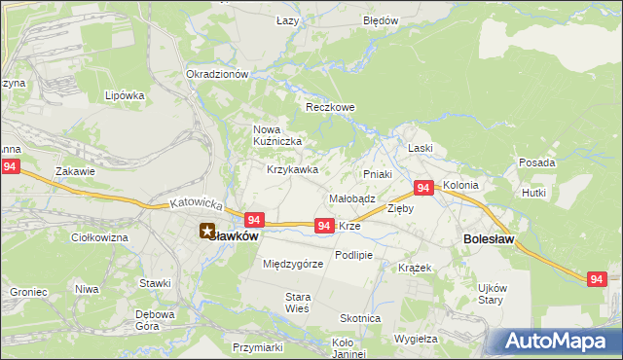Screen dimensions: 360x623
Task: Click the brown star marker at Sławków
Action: coord(205,232)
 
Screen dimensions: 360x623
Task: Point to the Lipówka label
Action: coord(125,95)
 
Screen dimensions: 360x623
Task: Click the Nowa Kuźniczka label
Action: coord(278,135)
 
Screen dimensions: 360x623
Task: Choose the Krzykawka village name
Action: coord(293,169)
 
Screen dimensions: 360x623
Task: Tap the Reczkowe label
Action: coord(327,107)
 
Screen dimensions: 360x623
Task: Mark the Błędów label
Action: coord(381,19)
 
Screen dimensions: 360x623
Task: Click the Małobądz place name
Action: coord(352,198)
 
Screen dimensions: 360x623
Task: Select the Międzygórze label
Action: coord(293,264)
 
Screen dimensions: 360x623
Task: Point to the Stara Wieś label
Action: coord(297,302)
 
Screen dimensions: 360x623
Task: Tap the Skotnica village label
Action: coord(360,319)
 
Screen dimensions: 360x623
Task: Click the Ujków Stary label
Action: coord(492,293)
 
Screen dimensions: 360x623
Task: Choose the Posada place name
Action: coord(537,162)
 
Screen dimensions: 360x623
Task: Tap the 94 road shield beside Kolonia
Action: coord(423,187)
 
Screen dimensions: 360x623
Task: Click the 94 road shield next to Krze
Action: coord(325,226)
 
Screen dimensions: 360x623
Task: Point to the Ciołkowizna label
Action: coord(100,236)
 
